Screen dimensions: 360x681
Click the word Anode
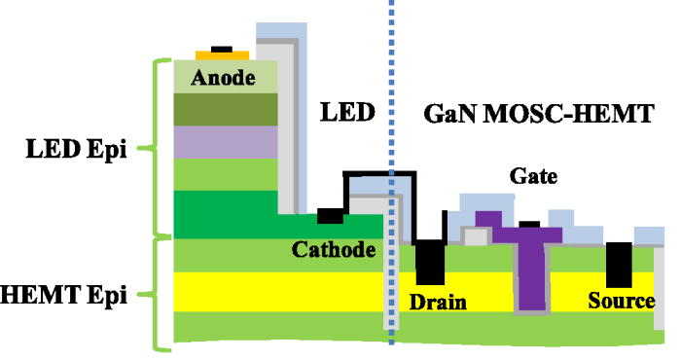pos(223,77)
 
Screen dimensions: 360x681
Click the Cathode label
pos(334,251)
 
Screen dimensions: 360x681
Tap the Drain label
pos(437,302)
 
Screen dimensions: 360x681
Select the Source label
pos(622,302)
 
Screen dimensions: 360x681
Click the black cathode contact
pos(331,215)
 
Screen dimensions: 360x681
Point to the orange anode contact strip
pos(223,54)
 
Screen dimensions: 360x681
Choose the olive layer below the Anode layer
pos(223,109)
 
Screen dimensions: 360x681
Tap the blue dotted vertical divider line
pos(391,117)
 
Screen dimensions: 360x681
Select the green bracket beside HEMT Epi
pos(156,292)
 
